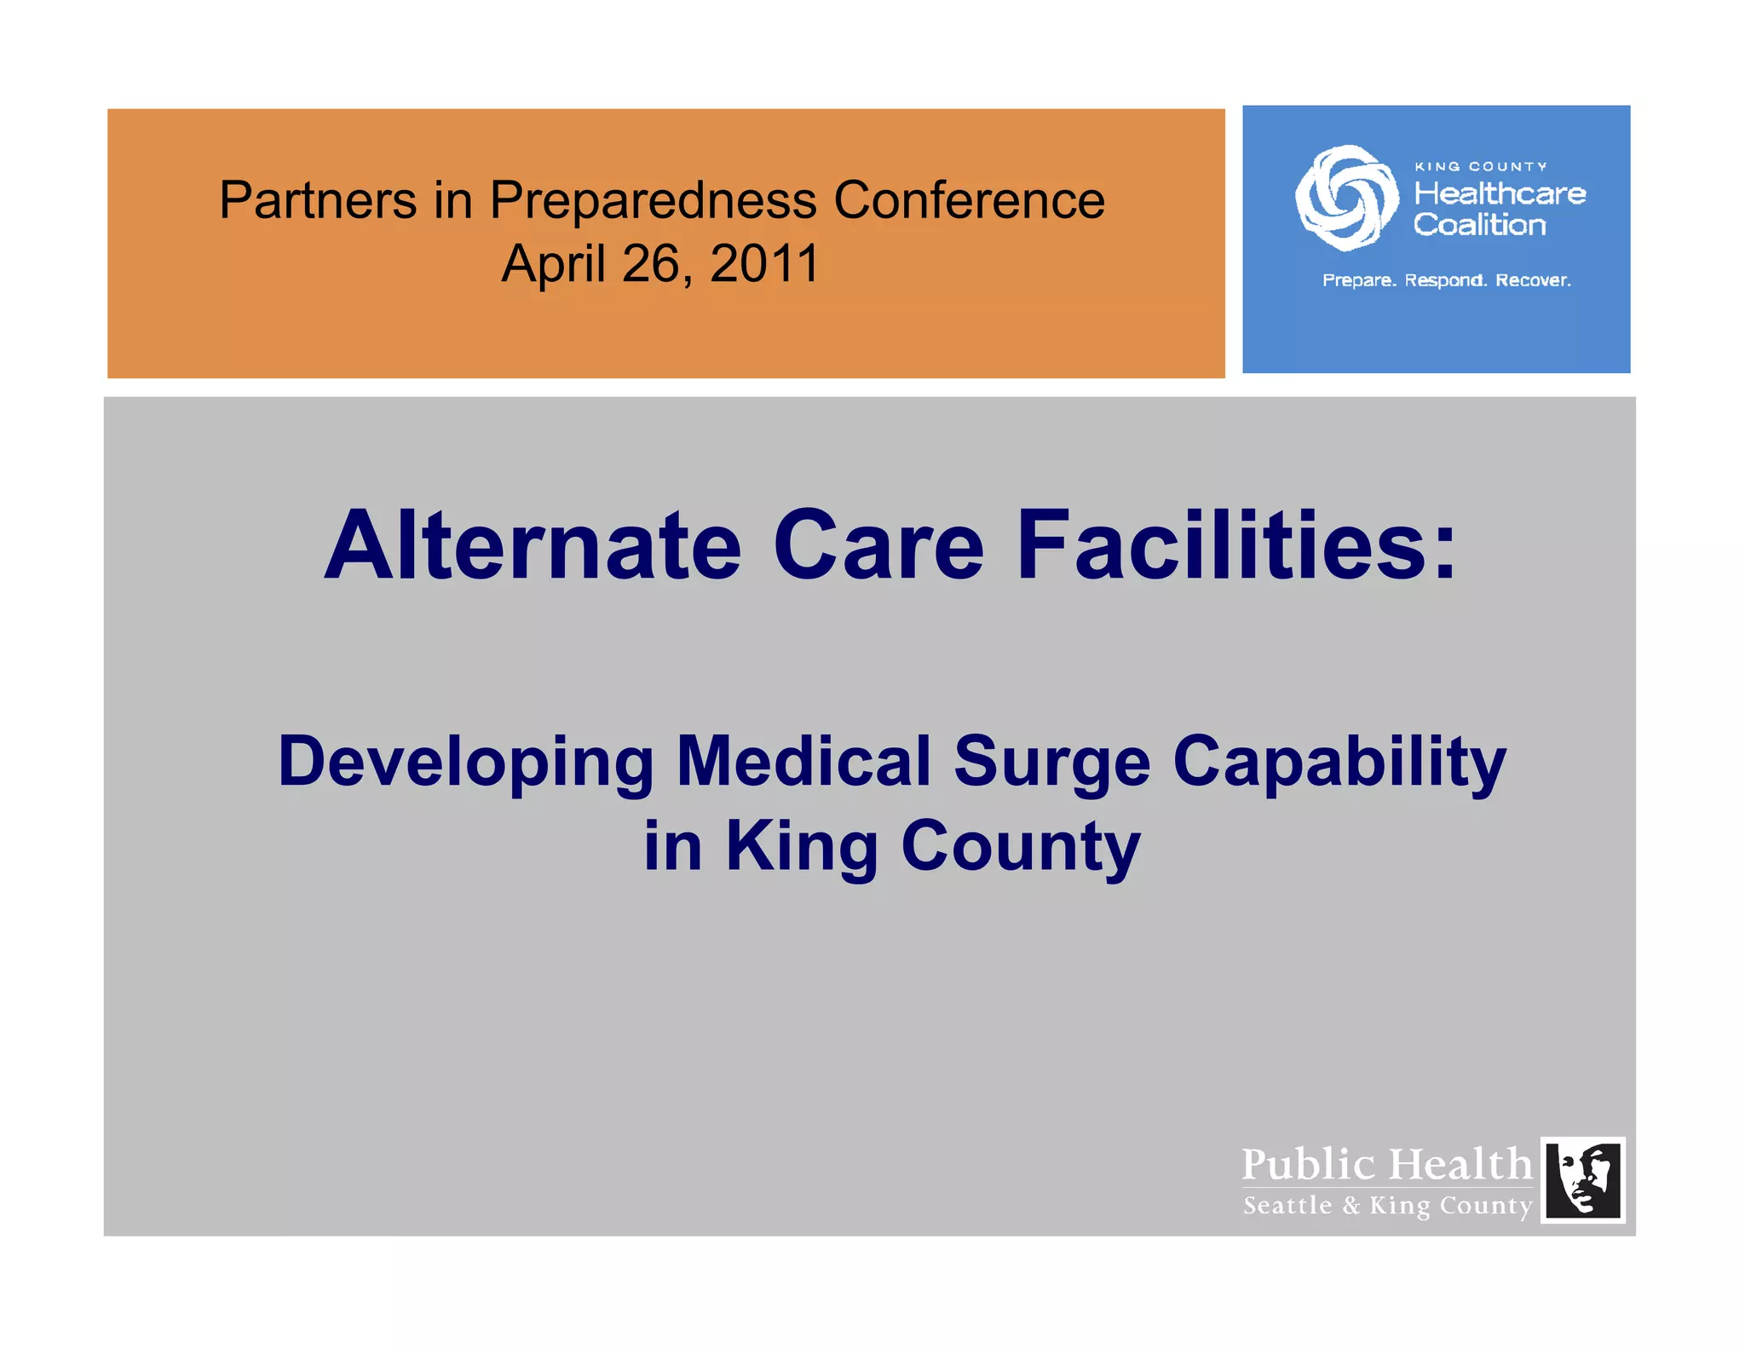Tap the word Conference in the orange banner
[x=969, y=200]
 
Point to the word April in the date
[x=554, y=265]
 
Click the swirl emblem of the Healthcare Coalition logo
[x=1345, y=198]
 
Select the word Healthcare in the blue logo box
[x=1500, y=193]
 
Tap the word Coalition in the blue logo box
[x=1479, y=225]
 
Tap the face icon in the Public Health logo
[x=1582, y=1180]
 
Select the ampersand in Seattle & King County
[x=1351, y=1206]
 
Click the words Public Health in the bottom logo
[x=1386, y=1164]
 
